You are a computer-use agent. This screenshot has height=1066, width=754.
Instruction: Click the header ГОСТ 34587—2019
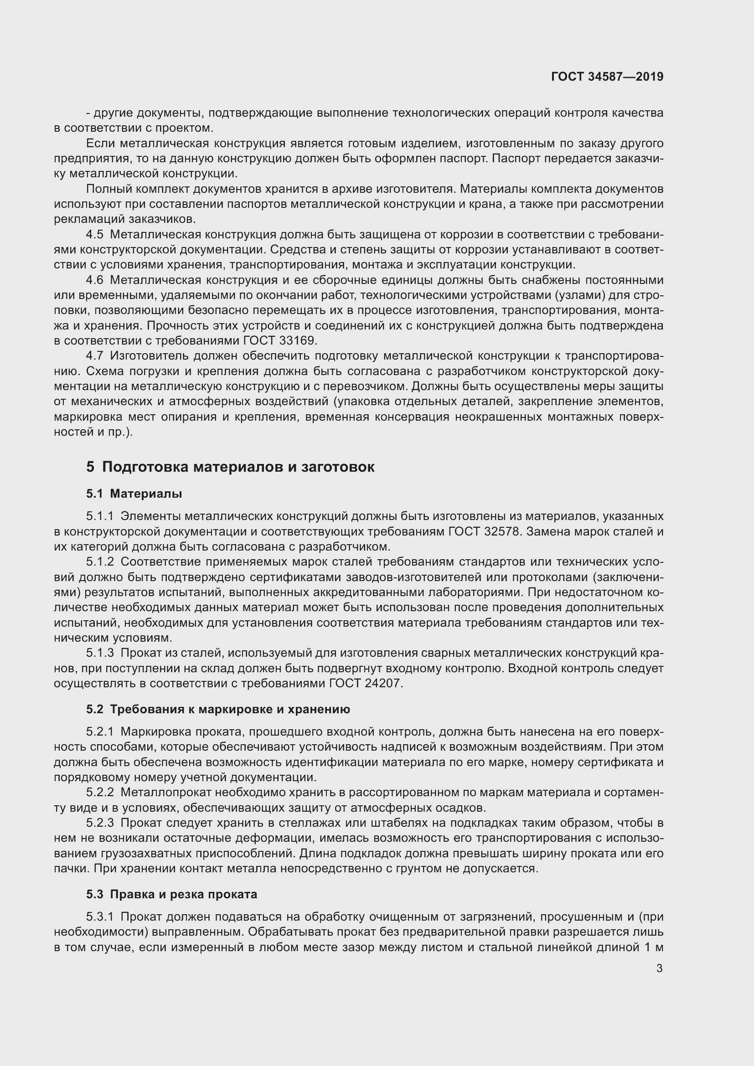point(607,77)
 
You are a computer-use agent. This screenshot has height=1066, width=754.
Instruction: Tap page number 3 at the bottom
point(660,968)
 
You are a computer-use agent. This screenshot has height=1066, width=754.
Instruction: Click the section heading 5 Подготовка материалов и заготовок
point(230,467)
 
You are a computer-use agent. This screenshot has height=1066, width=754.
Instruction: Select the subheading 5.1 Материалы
point(134,494)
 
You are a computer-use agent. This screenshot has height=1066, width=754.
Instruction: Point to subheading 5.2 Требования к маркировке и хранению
point(218,709)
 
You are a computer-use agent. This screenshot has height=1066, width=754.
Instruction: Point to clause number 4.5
point(95,234)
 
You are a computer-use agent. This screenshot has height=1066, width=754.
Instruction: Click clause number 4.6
point(95,280)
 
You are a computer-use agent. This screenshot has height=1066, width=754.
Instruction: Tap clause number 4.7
point(95,355)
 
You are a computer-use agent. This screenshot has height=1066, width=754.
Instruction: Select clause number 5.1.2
point(100,562)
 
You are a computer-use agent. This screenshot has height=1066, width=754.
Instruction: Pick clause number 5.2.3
point(100,823)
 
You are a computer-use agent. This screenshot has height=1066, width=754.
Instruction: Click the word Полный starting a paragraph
point(108,189)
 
